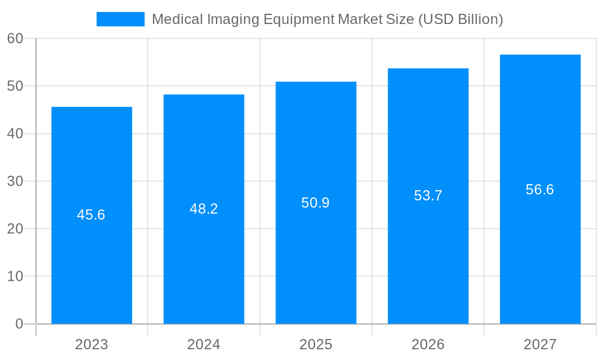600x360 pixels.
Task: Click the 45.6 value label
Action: [x=91, y=215]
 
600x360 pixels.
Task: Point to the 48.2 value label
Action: [x=204, y=209]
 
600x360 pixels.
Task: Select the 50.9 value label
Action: [x=316, y=203]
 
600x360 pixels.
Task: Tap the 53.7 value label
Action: [x=428, y=196]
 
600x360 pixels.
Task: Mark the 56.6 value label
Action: [x=540, y=190]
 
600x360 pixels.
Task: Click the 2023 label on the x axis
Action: [x=92, y=344]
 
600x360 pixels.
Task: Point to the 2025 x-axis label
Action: [x=316, y=344]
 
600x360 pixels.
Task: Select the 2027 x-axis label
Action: [x=540, y=344]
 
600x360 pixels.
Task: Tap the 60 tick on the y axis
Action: [x=15, y=38]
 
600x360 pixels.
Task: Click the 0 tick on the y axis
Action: [x=19, y=324]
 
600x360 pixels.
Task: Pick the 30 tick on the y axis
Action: [x=15, y=181]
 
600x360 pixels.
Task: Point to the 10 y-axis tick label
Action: [x=15, y=277]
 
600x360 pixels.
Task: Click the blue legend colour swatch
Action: [x=121, y=19]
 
